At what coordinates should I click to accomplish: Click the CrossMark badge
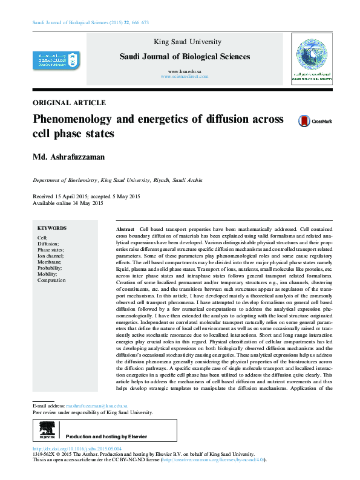(x=315, y=121)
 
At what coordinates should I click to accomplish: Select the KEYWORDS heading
(x=52, y=229)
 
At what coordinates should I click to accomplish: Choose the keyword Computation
(x=51, y=281)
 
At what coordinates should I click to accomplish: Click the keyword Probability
(x=51, y=268)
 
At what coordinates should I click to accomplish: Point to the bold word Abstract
(x=125, y=231)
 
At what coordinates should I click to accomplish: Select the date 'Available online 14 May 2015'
(x=68, y=204)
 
